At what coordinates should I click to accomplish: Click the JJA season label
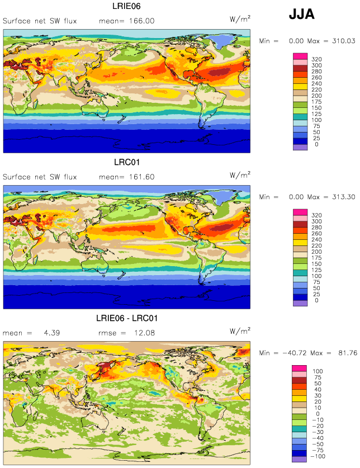301,14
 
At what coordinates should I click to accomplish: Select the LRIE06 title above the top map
126,6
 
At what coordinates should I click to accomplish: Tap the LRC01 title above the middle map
127,162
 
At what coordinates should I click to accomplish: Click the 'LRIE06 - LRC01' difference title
126,318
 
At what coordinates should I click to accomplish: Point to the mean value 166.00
142,21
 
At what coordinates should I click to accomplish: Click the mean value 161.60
142,177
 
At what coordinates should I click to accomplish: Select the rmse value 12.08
144,333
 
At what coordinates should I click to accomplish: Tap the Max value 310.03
344,41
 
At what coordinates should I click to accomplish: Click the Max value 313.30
344,197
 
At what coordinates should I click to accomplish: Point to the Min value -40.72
295,353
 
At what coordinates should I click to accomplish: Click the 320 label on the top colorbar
316,59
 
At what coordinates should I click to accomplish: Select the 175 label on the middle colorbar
316,258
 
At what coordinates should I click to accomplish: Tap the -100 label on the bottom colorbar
318,456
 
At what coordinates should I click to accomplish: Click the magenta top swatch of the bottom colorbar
299,368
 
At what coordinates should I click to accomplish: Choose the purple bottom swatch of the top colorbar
300,147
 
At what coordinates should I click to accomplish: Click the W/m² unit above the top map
240,19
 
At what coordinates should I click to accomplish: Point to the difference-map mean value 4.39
52,333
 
